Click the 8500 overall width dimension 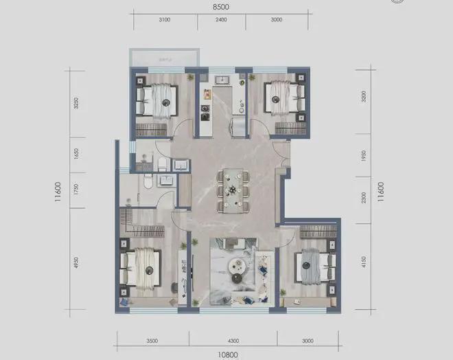[x=221, y=6]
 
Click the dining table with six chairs [x=233, y=189]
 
